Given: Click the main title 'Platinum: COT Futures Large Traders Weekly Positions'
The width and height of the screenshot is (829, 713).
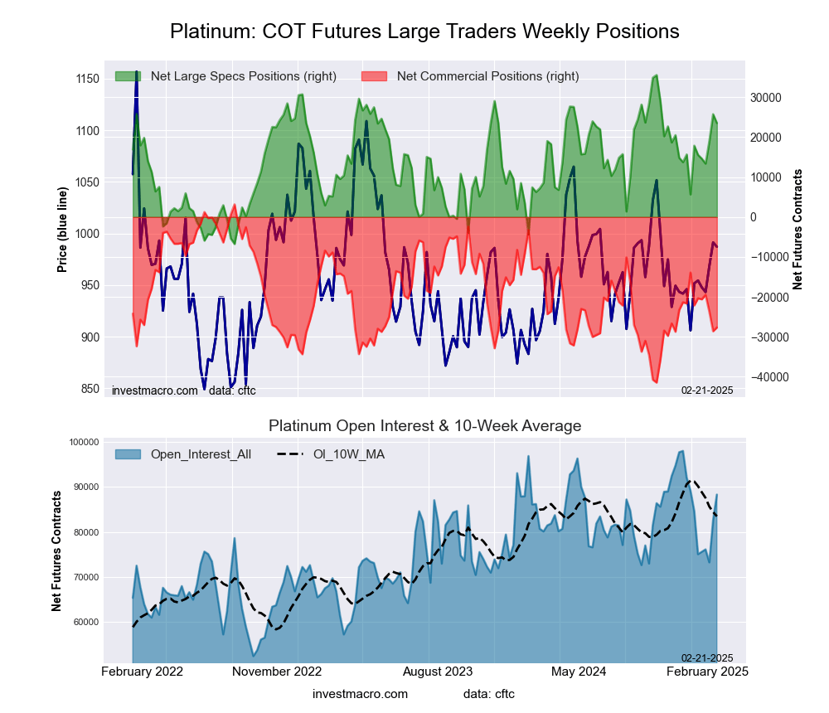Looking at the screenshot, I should [x=424, y=32].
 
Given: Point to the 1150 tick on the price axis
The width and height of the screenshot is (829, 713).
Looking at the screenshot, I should [x=87, y=79].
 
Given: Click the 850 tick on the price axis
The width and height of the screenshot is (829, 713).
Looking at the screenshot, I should [x=87, y=389].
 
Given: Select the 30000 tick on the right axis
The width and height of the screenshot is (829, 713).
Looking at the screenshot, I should [x=767, y=97].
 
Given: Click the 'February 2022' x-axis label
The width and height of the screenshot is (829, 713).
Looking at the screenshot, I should [x=143, y=672].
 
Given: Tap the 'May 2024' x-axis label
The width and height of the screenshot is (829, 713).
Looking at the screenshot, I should [x=578, y=672].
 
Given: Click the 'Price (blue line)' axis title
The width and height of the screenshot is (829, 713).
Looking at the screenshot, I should [x=62, y=233].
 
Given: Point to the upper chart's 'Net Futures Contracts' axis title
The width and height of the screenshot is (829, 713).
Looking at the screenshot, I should [x=798, y=229].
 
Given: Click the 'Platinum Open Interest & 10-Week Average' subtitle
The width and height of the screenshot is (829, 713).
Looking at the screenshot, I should [x=424, y=426].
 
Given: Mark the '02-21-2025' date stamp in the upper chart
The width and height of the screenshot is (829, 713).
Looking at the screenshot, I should [x=707, y=390].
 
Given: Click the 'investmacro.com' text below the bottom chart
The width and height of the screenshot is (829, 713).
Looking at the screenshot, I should [x=361, y=694].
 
